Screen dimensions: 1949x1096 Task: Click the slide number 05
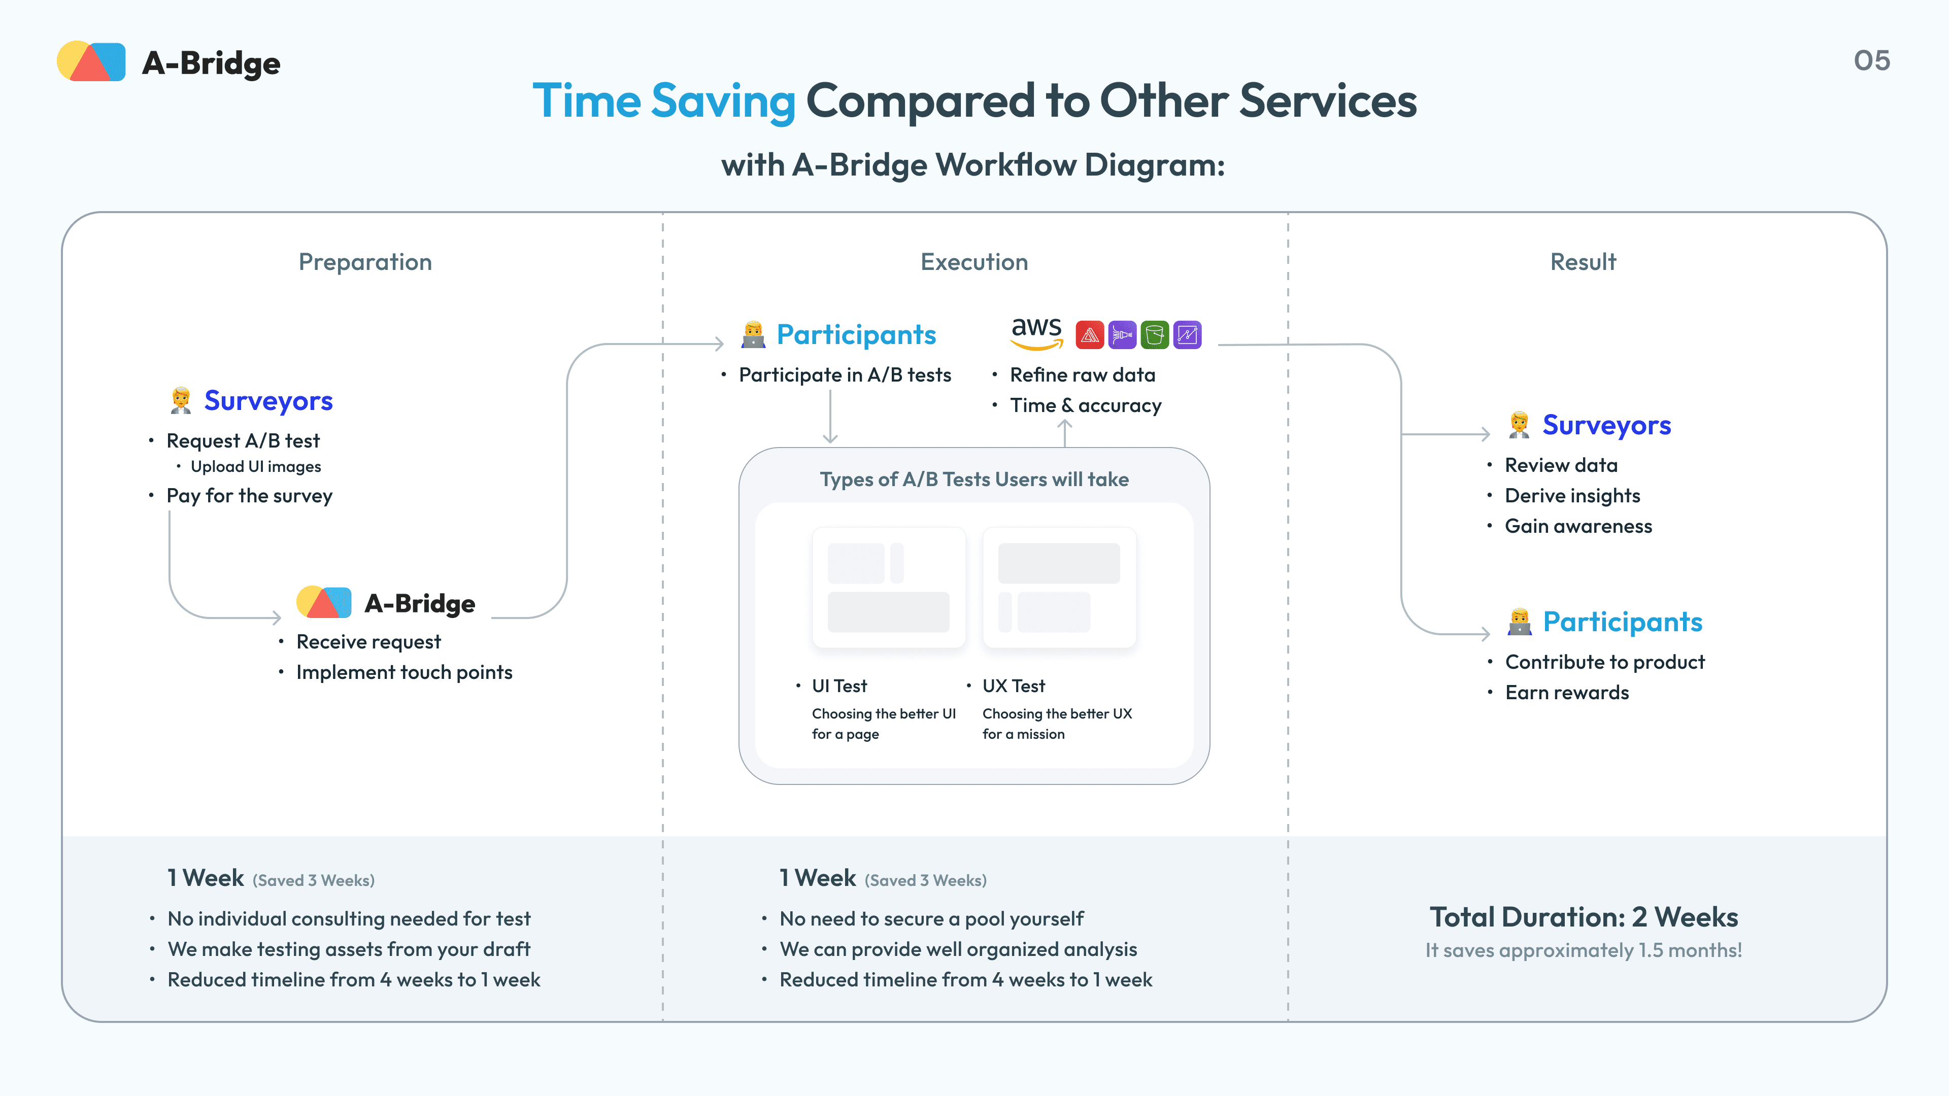tap(1871, 60)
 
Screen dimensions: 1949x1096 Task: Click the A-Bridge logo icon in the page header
tap(91, 61)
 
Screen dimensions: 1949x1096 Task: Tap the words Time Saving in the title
tap(663, 101)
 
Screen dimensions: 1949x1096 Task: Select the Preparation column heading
tap(365, 262)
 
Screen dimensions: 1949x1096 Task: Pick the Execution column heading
tap(974, 262)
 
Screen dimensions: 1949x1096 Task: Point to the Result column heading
tap(1583, 262)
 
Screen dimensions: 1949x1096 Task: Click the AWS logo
tap(1036, 333)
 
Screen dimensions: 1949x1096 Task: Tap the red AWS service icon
tap(1090, 334)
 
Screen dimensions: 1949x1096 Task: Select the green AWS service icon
tap(1155, 334)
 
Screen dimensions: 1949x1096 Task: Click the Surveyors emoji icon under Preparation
tap(180, 400)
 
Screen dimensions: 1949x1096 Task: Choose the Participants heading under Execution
tap(856, 334)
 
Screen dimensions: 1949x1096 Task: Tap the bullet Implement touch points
tap(404, 672)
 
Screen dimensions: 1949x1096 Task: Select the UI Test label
tap(839, 686)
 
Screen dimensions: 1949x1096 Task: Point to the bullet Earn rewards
tap(1566, 693)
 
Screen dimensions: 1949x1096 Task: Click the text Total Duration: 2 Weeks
tap(1583, 917)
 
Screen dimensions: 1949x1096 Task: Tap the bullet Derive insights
tap(1572, 495)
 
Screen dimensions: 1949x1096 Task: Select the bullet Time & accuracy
tap(1085, 405)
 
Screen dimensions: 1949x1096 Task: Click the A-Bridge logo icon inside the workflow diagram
tap(324, 603)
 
